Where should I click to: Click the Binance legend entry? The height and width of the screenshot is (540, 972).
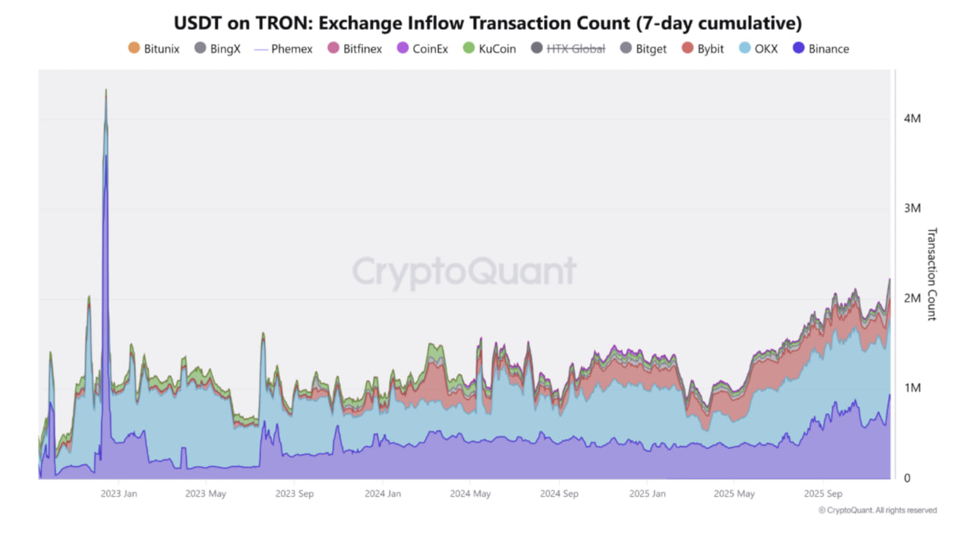click(821, 49)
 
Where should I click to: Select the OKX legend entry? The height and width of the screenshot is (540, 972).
click(759, 49)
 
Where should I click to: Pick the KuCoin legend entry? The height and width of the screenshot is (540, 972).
click(490, 49)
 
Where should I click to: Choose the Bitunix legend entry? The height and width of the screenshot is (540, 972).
click(154, 49)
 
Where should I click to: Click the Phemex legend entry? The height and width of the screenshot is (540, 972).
click(283, 49)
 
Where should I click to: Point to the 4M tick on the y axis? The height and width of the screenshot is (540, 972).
click(912, 119)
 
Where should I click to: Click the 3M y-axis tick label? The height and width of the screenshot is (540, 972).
click(912, 208)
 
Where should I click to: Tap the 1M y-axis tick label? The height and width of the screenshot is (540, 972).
click(912, 388)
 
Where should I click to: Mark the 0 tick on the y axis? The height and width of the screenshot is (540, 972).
click(907, 478)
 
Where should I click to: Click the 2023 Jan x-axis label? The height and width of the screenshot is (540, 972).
click(118, 493)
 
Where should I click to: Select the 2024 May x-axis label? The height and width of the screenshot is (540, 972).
click(470, 493)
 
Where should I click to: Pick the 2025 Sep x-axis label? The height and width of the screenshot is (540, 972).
click(823, 493)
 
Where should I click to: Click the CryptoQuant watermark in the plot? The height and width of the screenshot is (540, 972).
click(464, 271)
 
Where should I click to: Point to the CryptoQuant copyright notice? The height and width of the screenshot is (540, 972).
click(877, 510)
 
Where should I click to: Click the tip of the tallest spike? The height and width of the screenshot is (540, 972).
click(106, 90)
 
